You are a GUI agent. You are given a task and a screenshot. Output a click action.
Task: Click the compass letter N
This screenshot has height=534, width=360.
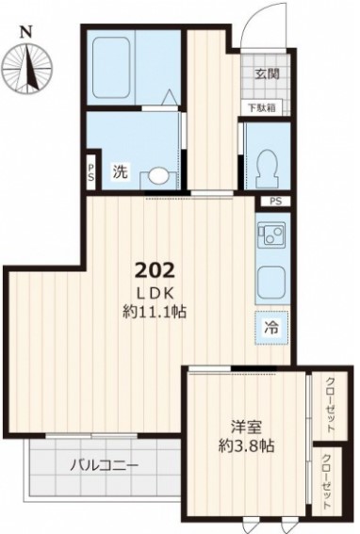pos(25,32)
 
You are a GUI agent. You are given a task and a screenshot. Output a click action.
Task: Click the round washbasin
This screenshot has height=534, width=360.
pos(158,176)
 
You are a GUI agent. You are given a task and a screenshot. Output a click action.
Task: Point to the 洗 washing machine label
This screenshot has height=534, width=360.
pos(121,171)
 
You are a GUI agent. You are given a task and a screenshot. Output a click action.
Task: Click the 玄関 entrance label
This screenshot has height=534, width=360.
pos(268,73)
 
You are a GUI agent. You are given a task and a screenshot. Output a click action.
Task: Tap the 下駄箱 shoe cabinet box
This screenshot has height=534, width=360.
pos(262,108)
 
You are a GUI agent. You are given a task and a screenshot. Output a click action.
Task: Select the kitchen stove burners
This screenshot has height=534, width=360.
pos(272,234)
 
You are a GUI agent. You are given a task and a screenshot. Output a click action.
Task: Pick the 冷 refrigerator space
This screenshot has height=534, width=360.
pos(272,328)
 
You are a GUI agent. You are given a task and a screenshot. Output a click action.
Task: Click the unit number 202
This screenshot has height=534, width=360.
pos(155,270)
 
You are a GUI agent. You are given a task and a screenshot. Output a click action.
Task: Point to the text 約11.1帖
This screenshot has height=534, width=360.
pos(155,312)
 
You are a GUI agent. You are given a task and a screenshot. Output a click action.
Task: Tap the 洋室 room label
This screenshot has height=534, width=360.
pos(246,427)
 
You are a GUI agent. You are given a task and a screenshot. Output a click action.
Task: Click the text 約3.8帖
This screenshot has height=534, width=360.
pos(246,445)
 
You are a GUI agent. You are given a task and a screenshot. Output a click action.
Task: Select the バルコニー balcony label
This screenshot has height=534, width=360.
pos(105,464)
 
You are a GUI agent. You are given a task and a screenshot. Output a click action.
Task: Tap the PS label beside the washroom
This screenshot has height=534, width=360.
pos(91,172)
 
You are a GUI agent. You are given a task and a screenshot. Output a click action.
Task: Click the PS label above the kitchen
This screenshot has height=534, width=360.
pos(276,202)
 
